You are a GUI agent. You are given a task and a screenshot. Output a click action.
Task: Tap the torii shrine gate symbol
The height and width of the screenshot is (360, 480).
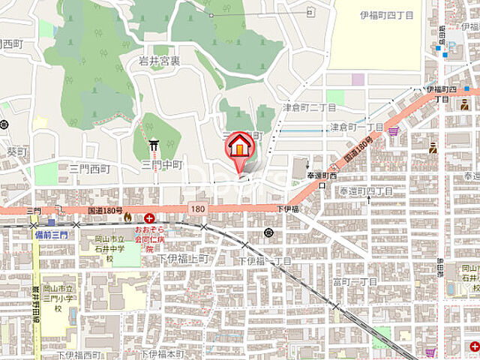pyautogui.click(x=154, y=144)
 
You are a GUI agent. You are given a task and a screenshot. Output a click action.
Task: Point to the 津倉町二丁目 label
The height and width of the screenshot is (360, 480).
pyautogui.click(x=309, y=108)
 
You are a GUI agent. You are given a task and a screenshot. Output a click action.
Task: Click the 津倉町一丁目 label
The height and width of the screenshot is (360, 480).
pyautogui.click(x=357, y=127)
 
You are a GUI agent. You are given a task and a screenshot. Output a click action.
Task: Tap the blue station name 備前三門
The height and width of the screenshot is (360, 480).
pyautogui.click(x=50, y=235)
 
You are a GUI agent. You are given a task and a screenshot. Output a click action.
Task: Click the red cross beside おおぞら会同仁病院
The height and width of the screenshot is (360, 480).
pyautogui.click(x=150, y=217)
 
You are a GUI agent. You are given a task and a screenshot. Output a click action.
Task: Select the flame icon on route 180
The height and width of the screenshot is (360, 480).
pyautogui.click(x=127, y=217)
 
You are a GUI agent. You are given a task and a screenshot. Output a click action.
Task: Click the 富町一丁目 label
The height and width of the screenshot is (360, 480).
pyautogui.click(x=355, y=281)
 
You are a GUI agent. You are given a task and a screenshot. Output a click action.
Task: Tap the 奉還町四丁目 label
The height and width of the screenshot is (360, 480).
pyautogui.click(x=364, y=192)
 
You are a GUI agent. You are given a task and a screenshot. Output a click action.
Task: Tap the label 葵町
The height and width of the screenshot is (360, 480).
pyautogui.click(x=16, y=151)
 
